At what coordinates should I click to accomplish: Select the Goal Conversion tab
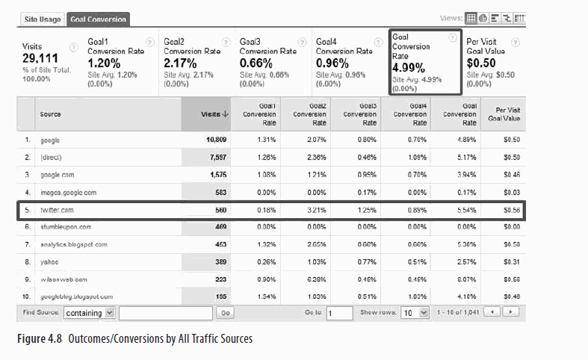98,19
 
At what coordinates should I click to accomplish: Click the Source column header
52,114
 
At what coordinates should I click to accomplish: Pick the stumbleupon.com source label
66,227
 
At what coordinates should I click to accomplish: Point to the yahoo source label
50,261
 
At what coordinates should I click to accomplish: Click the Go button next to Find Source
226,313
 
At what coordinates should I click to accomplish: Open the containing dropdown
89,313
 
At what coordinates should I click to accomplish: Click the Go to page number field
339,313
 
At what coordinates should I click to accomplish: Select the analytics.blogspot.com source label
73,244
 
